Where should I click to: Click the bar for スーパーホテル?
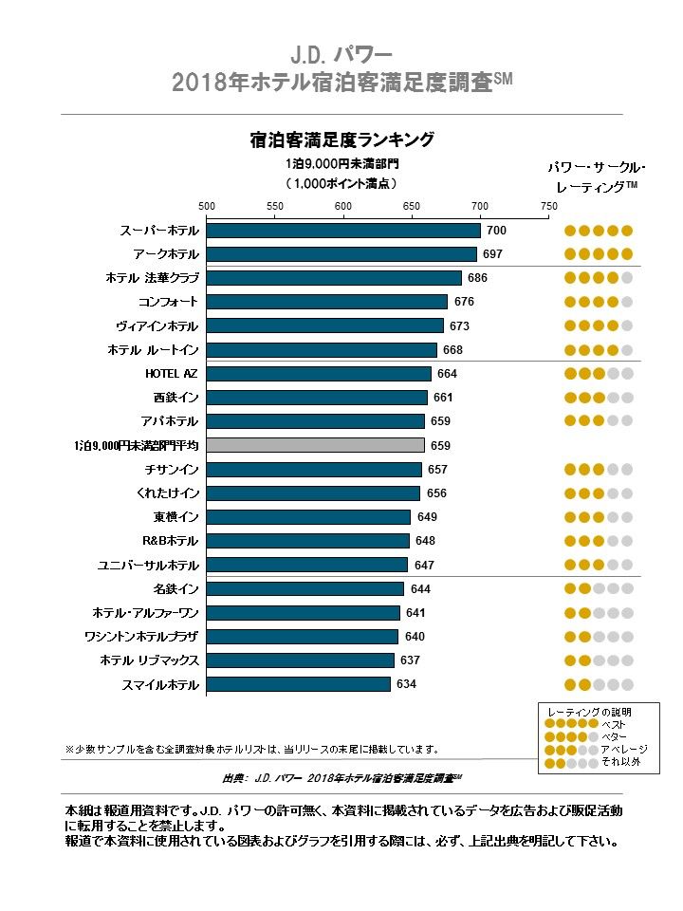tap(342, 231)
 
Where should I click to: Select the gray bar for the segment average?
tap(315, 445)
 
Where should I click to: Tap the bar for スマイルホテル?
tap(298, 684)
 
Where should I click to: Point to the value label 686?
tap(477, 278)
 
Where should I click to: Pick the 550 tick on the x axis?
tap(275, 206)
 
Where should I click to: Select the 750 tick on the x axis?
tap(548, 206)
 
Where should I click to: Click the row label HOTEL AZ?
tap(171, 374)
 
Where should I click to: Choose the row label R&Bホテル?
tap(170, 541)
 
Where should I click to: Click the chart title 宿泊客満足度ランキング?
tap(341, 140)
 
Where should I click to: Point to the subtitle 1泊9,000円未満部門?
tap(341, 163)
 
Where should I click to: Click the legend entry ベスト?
tap(613, 724)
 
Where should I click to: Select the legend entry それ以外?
tap(619, 761)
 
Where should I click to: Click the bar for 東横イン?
tap(308, 517)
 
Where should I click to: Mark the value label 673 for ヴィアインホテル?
tap(459, 326)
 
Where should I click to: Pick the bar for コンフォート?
tap(326, 302)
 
